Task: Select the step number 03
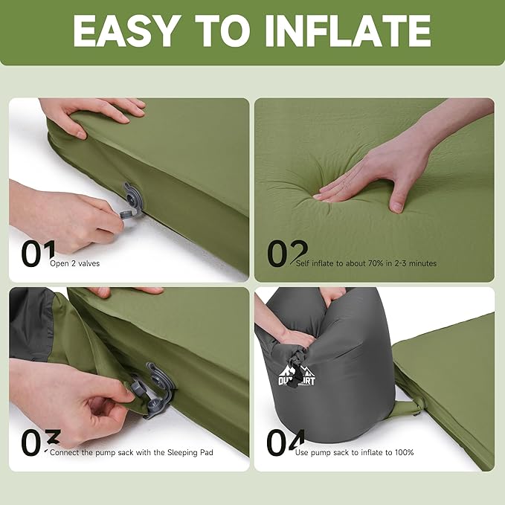tap(33, 443)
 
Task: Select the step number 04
tap(286, 443)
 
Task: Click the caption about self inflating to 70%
tap(366, 263)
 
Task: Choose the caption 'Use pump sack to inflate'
tap(354, 452)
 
